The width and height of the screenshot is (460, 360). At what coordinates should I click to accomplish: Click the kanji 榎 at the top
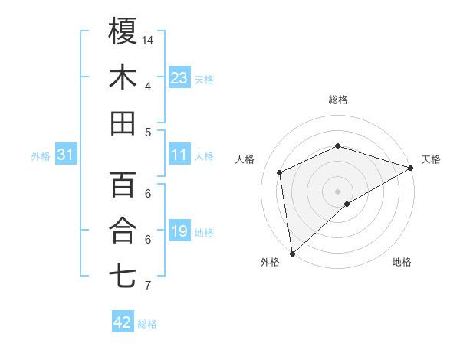(123, 31)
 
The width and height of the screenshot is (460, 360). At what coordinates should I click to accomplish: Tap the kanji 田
(123, 123)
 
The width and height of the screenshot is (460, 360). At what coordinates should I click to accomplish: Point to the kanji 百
(123, 185)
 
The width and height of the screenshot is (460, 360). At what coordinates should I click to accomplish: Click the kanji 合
(123, 231)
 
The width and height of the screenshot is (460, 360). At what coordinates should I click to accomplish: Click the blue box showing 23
(179, 77)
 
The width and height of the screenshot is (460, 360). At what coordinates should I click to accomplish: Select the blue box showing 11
(179, 155)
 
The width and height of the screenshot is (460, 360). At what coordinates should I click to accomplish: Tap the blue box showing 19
(179, 231)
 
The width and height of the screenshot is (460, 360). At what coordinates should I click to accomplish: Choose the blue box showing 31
(66, 155)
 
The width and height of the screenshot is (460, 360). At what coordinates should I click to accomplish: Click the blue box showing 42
(123, 322)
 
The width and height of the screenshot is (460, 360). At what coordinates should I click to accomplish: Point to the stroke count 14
(149, 40)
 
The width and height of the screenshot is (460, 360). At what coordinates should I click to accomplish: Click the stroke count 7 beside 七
(148, 286)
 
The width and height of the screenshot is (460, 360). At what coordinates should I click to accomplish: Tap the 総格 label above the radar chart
(338, 100)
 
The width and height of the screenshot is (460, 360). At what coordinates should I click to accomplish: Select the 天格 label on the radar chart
(431, 159)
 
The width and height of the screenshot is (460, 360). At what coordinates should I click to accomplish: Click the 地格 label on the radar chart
(402, 262)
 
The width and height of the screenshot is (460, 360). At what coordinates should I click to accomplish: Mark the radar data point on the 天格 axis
(411, 168)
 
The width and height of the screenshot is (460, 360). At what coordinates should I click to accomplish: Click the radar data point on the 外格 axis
(292, 253)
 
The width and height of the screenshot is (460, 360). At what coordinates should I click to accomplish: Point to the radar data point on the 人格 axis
(280, 172)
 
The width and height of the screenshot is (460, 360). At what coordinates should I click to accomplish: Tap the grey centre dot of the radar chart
(338, 190)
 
